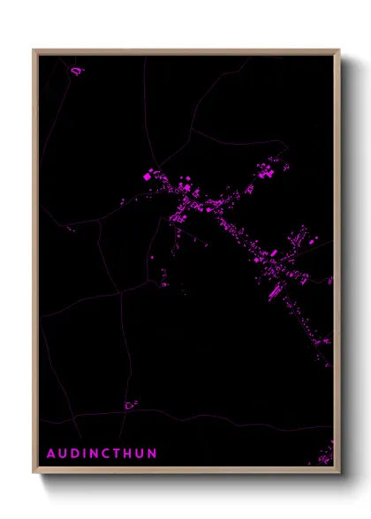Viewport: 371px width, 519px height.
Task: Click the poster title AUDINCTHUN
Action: coord(102,454)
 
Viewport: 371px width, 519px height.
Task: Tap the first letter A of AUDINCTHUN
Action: coord(51,454)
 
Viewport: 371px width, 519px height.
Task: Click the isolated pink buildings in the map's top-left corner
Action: coord(77,70)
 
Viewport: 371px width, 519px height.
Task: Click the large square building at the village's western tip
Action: coord(148,177)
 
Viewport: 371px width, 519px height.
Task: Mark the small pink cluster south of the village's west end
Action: coord(164,281)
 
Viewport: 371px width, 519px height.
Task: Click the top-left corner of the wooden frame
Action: coord(34,50)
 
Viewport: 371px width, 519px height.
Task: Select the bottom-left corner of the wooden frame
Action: coord(34,473)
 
